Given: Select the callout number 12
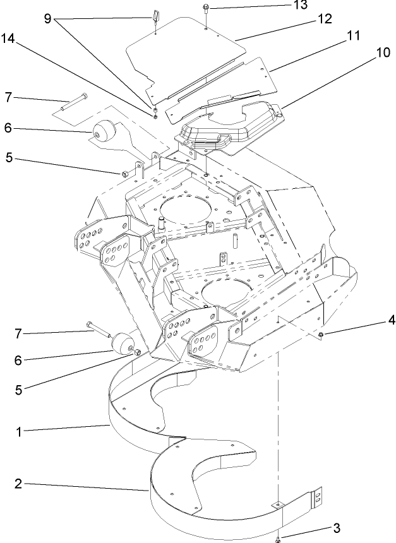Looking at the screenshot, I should click(x=324, y=20).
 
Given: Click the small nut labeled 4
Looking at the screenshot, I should click(x=321, y=333).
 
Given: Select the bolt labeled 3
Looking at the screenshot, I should click(x=278, y=538).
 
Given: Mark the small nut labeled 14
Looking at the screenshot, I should click(x=154, y=115).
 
